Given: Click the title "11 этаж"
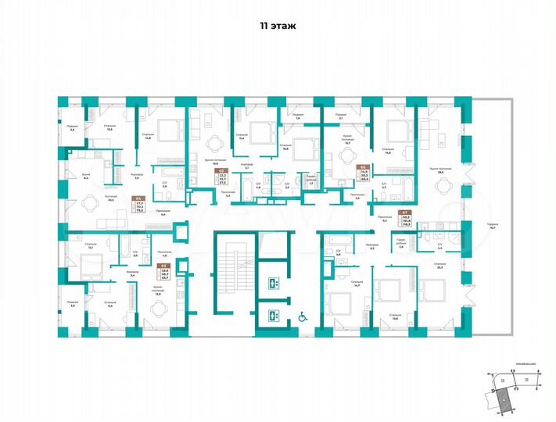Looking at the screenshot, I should (x=278, y=25).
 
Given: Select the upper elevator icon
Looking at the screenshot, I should (x=274, y=284).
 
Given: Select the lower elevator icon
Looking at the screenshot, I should (x=274, y=316).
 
